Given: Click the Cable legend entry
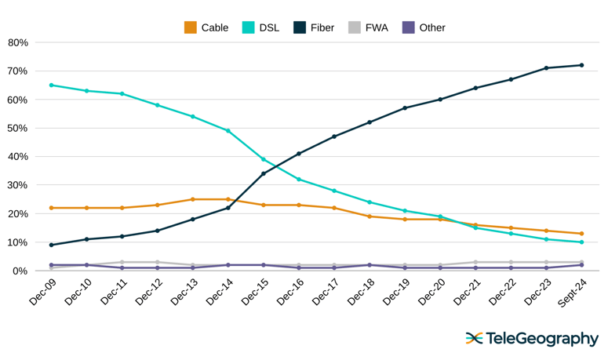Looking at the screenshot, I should (206, 27).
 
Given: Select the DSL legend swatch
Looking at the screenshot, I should (248, 27).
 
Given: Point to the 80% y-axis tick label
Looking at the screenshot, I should (17, 42).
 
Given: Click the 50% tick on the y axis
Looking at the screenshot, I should (17, 128).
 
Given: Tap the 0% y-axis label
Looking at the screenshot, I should (20, 271).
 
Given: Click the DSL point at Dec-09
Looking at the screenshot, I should (52, 85).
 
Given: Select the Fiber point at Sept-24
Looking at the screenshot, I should (581, 65).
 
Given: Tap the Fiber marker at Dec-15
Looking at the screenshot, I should (264, 173).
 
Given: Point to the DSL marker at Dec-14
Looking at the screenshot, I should (228, 131).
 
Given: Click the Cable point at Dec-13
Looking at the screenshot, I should (193, 199).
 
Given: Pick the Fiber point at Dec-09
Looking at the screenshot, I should (52, 245).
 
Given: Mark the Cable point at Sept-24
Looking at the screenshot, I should (581, 234).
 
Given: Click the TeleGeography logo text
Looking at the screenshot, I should (541, 339).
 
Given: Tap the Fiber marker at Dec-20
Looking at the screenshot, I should (440, 100).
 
